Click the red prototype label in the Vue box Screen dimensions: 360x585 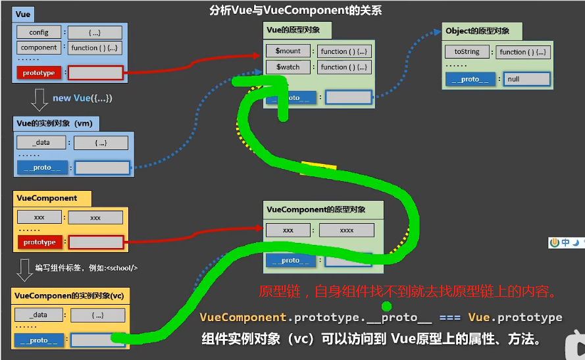coord(39,73)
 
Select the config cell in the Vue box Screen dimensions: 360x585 coord(39,32)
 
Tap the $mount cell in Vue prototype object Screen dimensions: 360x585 coord(288,51)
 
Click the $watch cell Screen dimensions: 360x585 coord(288,66)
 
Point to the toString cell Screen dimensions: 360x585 coord(467,52)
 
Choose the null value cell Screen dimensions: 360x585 coord(527,79)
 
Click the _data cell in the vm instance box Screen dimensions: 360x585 coord(42,143)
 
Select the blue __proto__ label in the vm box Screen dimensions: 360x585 coord(42,167)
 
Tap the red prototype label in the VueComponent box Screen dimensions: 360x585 coord(39,242)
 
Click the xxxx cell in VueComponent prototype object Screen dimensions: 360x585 coord(346,230)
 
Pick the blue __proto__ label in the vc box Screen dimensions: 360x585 coord(39,340)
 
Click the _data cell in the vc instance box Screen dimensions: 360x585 coord(39,315)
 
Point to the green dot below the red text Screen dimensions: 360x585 coord(386,306)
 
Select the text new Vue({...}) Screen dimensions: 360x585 coord(82,98)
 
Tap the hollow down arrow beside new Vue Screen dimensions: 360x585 coord(39,99)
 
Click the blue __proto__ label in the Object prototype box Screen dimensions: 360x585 coord(471,79)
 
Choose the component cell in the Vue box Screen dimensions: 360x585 coord(39,47)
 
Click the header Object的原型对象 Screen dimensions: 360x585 coord(477,31)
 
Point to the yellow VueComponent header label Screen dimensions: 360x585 coord(47,198)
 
